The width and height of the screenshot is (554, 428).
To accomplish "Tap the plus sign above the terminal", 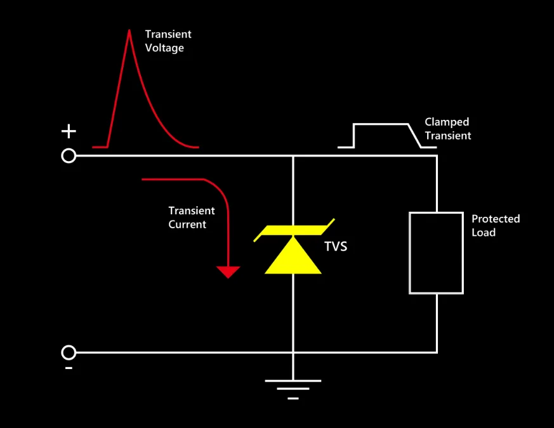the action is [69, 131].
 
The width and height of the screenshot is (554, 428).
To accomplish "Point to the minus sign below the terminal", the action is [69, 368].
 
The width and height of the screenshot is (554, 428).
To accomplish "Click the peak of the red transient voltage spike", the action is [129, 30].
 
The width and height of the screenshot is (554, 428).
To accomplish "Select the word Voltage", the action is [164, 48].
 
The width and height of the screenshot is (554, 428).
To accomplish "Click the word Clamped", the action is [447, 122].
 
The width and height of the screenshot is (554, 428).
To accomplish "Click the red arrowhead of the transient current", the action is [228, 272].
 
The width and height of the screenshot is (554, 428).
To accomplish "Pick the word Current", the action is [187, 224].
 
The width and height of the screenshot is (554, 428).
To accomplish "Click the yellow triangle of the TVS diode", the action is [293, 255].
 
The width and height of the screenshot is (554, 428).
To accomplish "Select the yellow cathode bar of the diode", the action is [294, 230].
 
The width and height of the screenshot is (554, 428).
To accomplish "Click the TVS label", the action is [336, 247].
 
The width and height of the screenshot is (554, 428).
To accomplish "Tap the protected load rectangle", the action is [409, 253].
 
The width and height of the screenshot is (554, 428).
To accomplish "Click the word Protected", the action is [496, 219].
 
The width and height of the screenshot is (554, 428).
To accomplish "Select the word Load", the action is [484, 232].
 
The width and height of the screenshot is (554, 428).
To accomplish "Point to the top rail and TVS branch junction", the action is [293, 156].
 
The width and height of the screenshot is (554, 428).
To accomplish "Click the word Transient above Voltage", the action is [168, 34].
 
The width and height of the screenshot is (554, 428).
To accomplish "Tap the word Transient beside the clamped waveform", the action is [447, 136].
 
